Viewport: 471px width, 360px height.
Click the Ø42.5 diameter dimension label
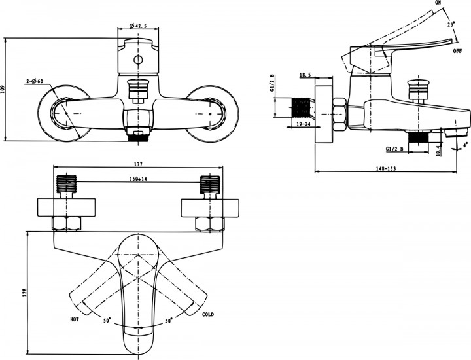coord(138,26)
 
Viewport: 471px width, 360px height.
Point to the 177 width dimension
coord(138,164)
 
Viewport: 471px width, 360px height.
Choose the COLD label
coord(208,315)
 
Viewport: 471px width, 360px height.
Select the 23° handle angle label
coord(451,24)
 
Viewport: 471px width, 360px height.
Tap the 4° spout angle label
coord(465,143)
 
